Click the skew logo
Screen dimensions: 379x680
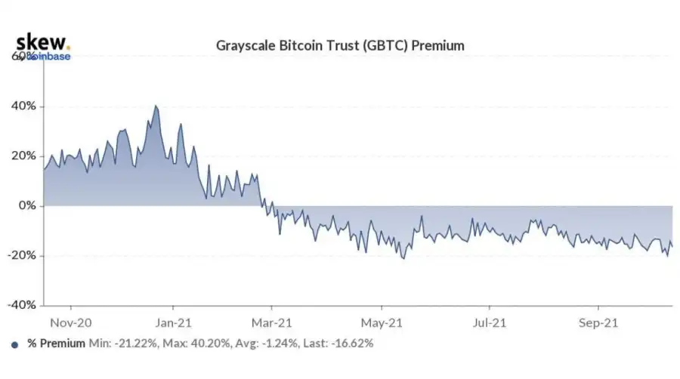pyautogui.click(x=42, y=42)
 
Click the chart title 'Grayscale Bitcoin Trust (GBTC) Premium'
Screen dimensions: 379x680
pyautogui.click(x=340, y=46)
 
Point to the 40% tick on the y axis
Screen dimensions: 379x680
pyautogui.click(x=23, y=106)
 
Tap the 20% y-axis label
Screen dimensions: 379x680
pyautogui.click(x=23, y=156)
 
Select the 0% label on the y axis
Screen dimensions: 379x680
pyautogui.click(x=26, y=206)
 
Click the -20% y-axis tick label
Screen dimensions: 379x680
pyautogui.click(x=21, y=256)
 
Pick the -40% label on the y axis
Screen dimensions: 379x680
pyautogui.click(x=21, y=306)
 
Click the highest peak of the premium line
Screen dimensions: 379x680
pyautogui.click(x=156, y=106)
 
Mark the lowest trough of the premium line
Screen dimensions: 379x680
pyautogui.click(x=403, y=259)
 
